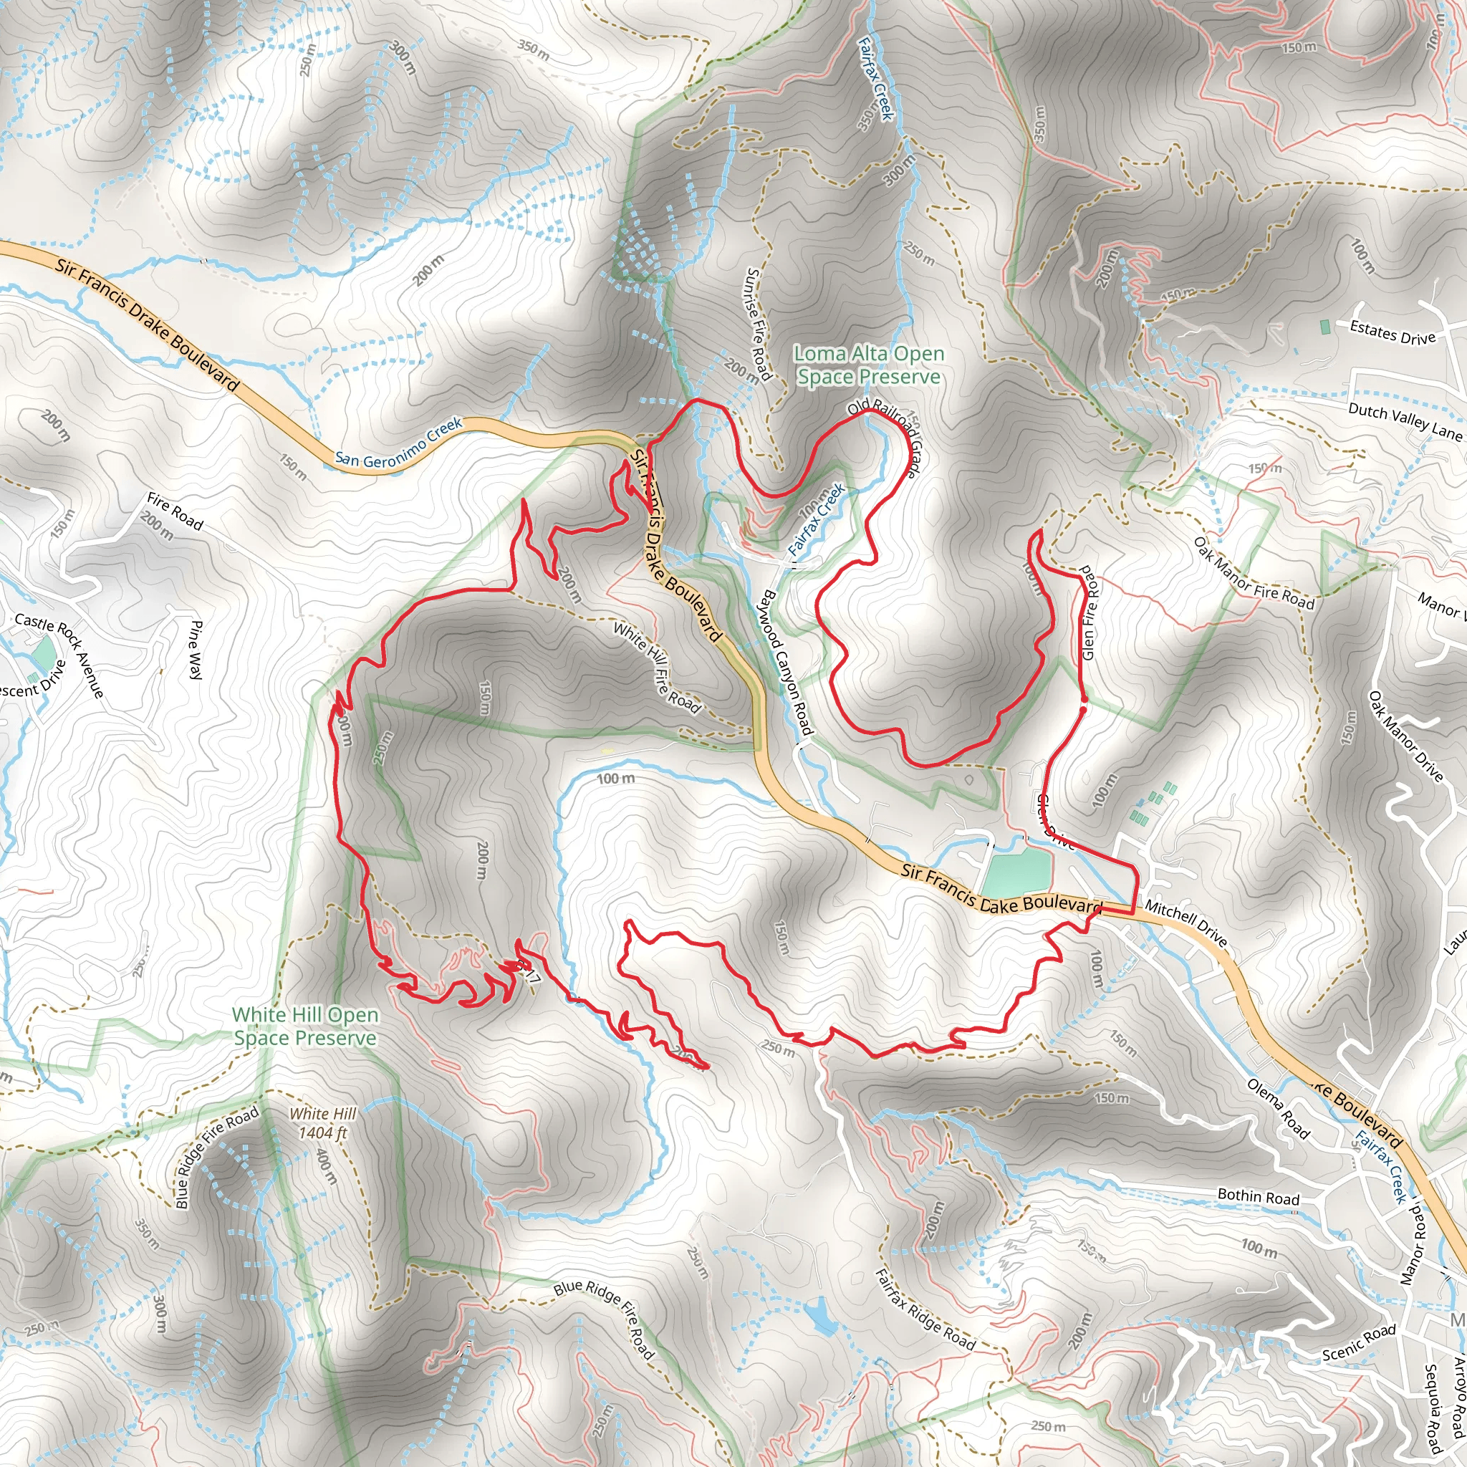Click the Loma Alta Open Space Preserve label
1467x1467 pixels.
click(x=869, y=365)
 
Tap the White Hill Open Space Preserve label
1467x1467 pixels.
click(x=304, y=1026)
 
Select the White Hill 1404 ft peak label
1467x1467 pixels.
click(x=323, y=1123)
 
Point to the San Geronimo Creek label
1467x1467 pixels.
click(x=399, y=442)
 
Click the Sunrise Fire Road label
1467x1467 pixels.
click(x=759, y=324)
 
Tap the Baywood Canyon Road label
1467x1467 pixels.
click(x=788, y=661)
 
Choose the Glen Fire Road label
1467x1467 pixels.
click(x=1089, y=612)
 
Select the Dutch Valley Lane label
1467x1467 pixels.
click(x=1404, y=421)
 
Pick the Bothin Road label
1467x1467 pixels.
click(x=1258, y=1196)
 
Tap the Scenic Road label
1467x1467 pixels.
click(x=1359, y=1342)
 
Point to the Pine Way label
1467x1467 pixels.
click(x=195, y=649)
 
